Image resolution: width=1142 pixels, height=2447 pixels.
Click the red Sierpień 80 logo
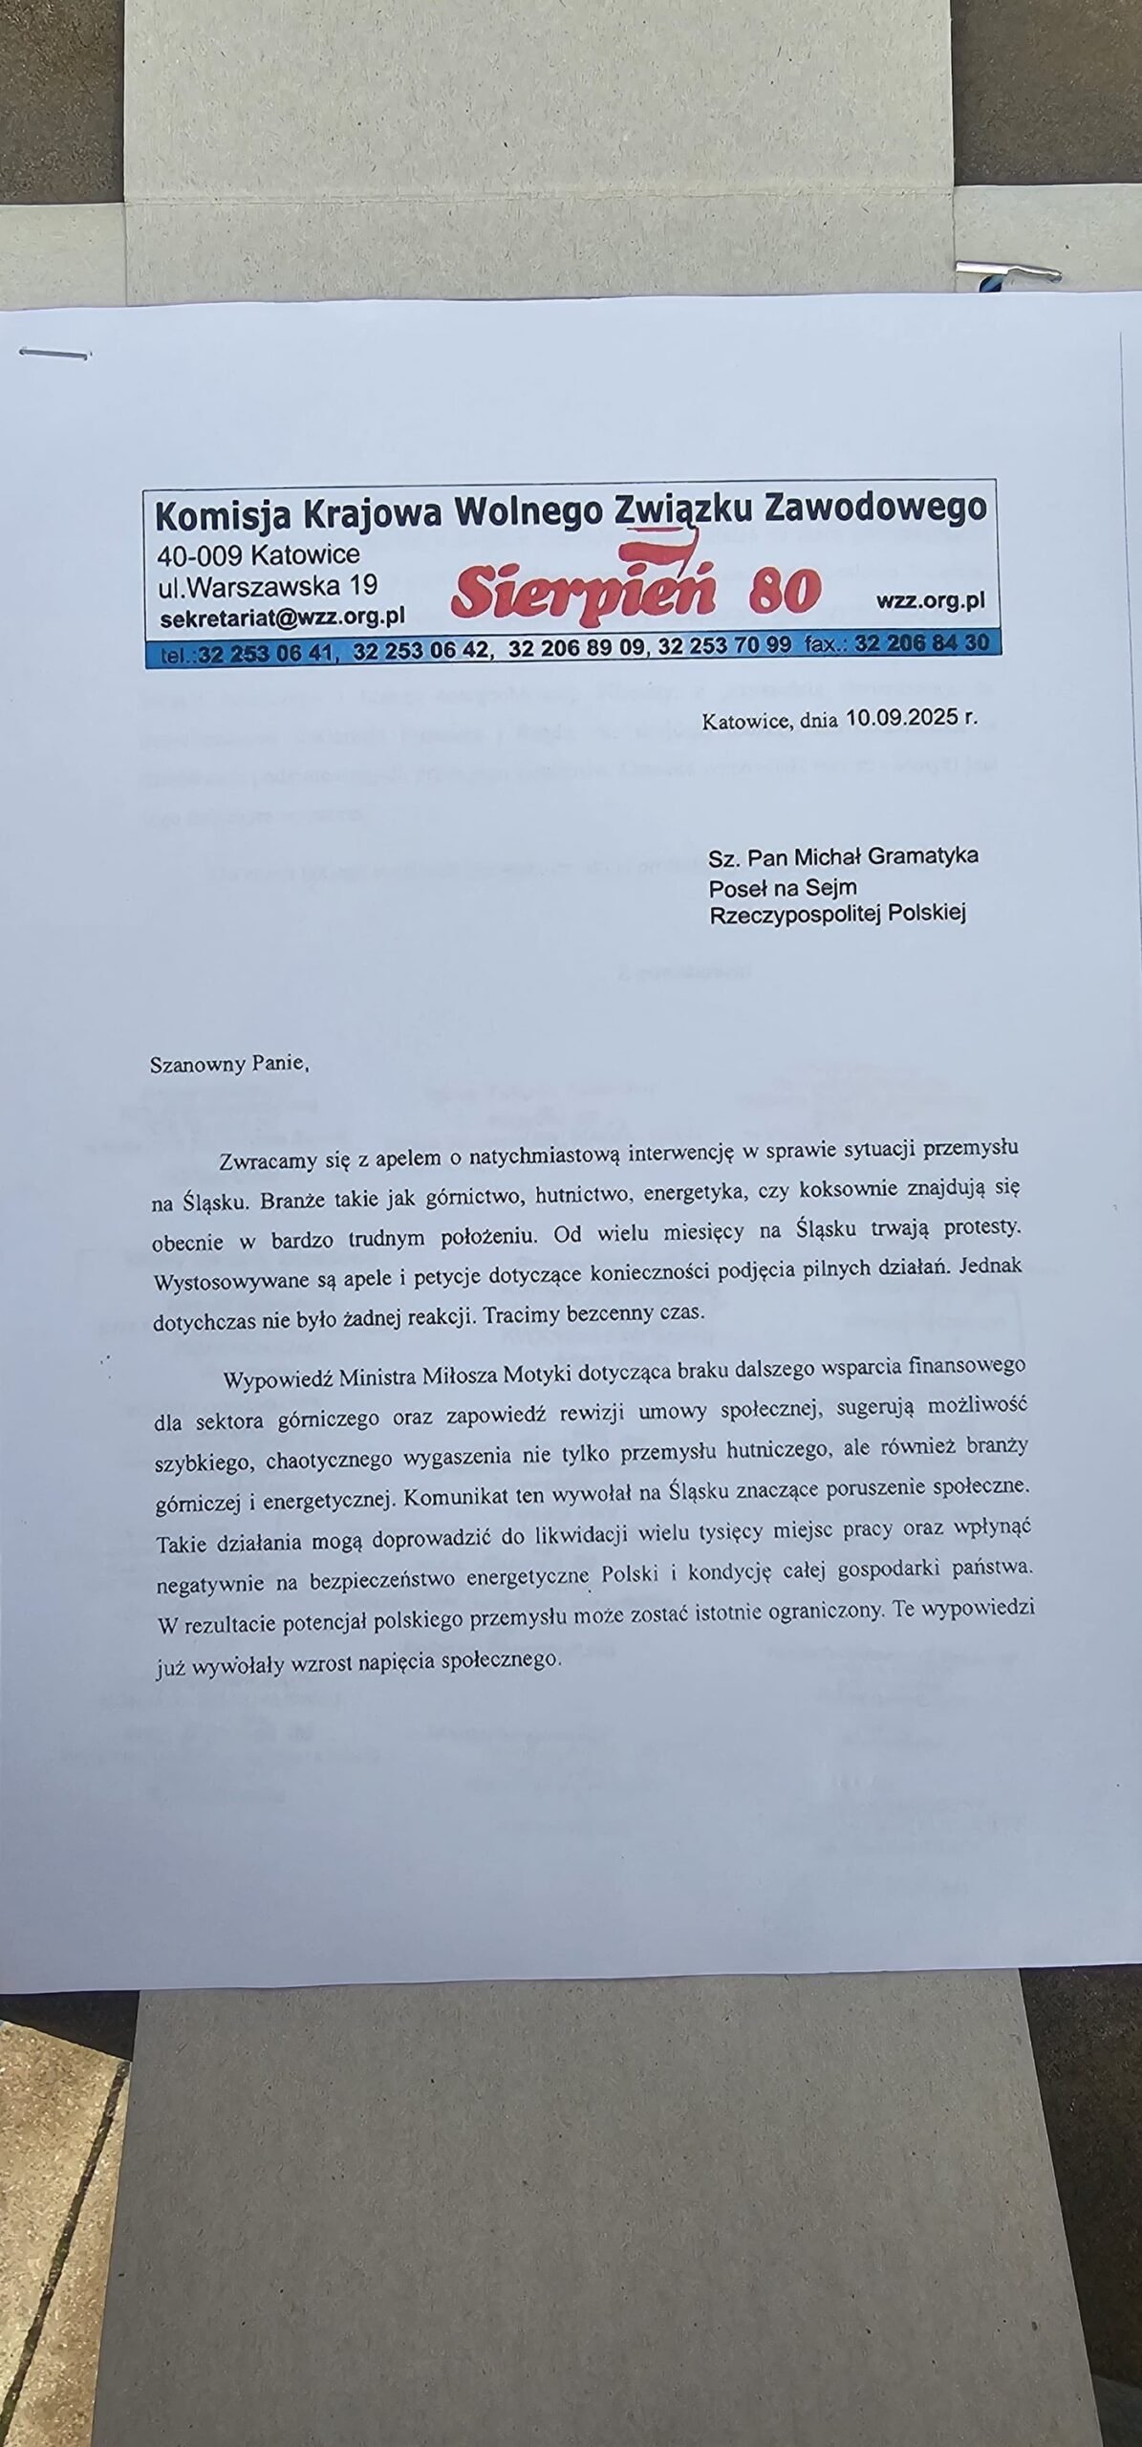tap(636, 590)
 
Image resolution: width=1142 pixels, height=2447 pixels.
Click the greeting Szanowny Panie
tap(229, 1064)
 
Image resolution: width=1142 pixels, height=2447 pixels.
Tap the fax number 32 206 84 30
tap(922, 643)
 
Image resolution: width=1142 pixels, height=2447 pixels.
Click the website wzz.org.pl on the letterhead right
tap(929, 601)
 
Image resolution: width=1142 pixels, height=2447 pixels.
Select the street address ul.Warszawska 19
tap(269, 585)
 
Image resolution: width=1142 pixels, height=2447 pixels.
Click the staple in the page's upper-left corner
tap(54, 354)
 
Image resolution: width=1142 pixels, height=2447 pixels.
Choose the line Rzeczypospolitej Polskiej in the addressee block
tap(837, 914)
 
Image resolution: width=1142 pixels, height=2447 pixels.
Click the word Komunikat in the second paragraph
tap(455, 1497)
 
